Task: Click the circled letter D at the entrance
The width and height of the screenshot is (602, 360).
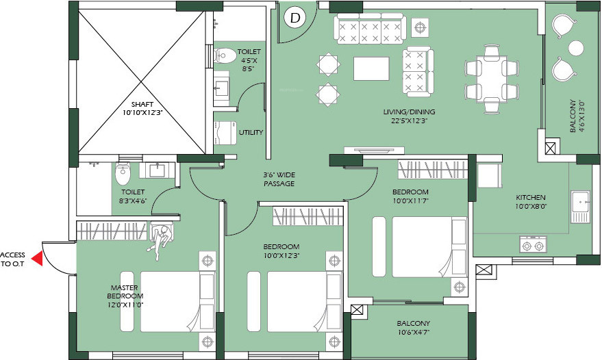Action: click(295, 18)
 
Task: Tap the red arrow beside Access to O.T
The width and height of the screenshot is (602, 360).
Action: click(37, 259)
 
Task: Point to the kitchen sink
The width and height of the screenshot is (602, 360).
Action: click(580, 207)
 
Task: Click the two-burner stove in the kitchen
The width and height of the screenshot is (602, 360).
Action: click(534, 244)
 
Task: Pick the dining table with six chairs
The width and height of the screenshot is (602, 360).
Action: click(492, 79)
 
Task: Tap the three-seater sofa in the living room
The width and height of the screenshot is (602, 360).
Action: click(370, 29)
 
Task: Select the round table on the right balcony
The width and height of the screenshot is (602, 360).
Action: click(576, 49)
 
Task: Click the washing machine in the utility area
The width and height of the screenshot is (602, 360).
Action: click(225, 133)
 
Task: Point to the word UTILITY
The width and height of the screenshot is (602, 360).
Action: click(251, 132)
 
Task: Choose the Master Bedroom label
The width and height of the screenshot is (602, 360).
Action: click(125, 292)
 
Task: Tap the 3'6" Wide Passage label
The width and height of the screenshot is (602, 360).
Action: click(279, 179)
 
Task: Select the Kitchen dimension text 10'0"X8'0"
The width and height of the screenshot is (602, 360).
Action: click(531, 206)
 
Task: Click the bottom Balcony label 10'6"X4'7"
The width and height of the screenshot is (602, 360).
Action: click(414, 328)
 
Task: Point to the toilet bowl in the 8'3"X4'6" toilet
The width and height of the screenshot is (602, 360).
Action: click(123, 173)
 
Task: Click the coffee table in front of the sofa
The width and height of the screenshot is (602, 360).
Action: click(371, 68)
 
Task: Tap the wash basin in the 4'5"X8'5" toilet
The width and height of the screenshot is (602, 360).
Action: click(221, 87)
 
